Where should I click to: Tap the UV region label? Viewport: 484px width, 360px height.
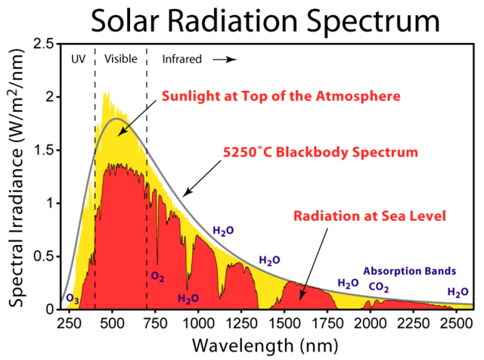click(78, 58)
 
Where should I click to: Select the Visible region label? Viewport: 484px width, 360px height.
click(121, 58)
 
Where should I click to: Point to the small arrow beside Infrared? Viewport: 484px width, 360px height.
click(225, 58)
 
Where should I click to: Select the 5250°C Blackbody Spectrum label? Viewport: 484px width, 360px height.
click(320, 152)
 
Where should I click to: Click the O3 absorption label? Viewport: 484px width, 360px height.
click(73, 299)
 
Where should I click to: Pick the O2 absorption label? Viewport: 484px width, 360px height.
click(157, 277)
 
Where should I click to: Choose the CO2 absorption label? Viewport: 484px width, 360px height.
click(380, 287)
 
